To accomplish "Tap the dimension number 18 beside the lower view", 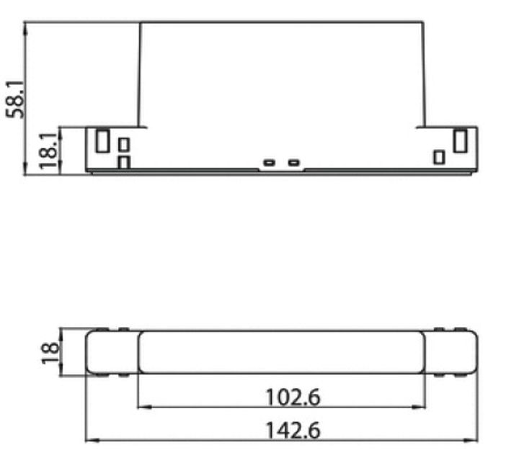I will [50, 352].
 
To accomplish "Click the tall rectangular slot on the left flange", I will [102, 140].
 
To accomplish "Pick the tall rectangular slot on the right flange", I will [460, 140].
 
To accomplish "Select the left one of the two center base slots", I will [270, 162].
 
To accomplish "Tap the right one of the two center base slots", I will [293, 162].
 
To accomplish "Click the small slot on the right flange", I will [439, 156].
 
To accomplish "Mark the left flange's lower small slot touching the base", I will [124, 163].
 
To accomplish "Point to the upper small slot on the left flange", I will [124, 144].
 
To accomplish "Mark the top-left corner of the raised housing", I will [140, 22].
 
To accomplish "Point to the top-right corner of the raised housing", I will [424, 22].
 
